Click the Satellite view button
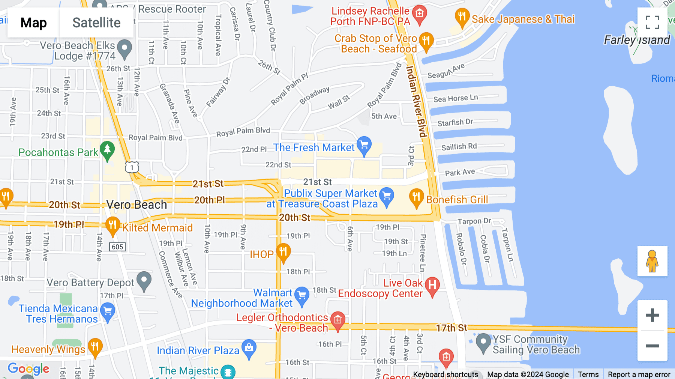96,23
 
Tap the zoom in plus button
652,315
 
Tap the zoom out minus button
652,346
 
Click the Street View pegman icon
652,261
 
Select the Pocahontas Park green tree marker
107,150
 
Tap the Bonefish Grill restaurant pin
416,197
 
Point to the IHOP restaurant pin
283,252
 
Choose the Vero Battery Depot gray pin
144,281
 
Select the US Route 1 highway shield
132,167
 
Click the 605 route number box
117,247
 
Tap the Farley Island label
636,40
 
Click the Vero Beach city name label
136,205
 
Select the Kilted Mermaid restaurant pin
112,226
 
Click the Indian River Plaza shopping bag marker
249,348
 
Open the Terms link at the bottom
588,374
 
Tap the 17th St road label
451,328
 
